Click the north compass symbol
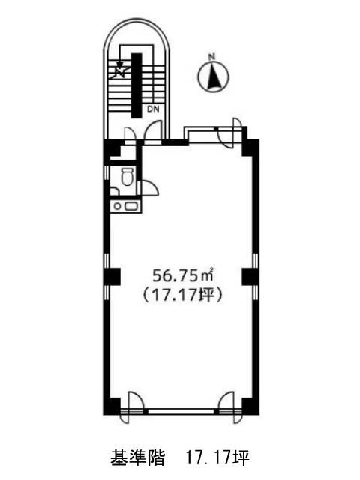coord(213,76)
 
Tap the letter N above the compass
coord(211,57)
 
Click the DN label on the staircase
coord(153,109)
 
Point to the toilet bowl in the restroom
coord(127,177)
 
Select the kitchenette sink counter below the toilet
coord(126,206)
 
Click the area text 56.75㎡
coord(183,275)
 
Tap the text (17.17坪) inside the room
coord(182,295)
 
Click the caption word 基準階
coord(137,457)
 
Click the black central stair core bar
coord(136,85)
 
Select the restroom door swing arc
coord(149,187)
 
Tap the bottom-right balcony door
coord(229,407)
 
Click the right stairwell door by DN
coord(153,131)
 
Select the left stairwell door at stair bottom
coord(130,135)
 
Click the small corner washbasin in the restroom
coord(114,192)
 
